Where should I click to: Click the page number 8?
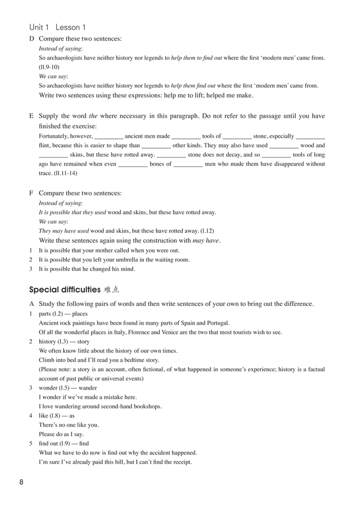coord(21,482)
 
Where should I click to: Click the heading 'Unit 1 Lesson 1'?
coord(58,27)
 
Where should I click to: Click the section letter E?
coord(32,116)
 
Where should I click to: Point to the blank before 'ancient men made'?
coord(109,136)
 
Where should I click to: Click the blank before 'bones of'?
coord(133,164)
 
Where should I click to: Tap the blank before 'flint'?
coord(311,136)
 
